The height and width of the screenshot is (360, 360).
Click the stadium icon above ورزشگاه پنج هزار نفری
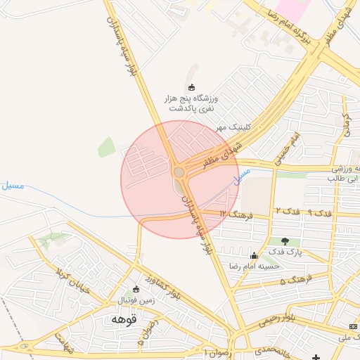[191, 87]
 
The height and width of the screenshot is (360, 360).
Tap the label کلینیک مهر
[233, 127]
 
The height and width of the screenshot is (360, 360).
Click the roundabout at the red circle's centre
[179, 172]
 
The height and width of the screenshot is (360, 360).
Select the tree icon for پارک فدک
[285, 241]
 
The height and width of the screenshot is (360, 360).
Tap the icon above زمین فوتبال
[136, 289]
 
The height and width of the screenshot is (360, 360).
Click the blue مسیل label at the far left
[13, 186]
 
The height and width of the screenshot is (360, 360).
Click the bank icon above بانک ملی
[352, 326]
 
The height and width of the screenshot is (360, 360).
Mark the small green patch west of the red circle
[106, 147]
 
